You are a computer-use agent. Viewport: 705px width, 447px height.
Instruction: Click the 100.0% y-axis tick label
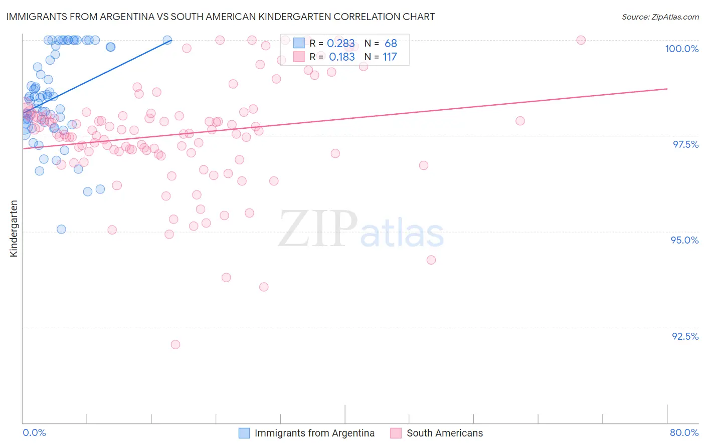tap(681, 49)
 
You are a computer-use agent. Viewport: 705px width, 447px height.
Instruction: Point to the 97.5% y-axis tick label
tap(685, 144)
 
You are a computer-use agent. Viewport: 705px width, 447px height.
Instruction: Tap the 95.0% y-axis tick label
tap(684, 240)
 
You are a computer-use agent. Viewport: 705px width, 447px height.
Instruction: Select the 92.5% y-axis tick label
tap(685, 336)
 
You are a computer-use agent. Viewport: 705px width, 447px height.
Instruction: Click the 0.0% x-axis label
tap(34, 432)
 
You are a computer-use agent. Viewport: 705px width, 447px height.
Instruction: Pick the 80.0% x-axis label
tap(684, 432)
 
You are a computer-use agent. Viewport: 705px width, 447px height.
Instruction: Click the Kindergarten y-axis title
tap(14, 229)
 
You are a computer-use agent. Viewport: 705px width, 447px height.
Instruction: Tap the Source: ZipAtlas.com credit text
tap(660, 17)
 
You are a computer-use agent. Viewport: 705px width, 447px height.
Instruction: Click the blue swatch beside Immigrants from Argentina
tap(244, 433)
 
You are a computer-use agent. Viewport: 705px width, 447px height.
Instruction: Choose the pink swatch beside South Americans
tap(396, 433)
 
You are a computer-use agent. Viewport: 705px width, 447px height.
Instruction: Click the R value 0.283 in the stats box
tap(340, 44)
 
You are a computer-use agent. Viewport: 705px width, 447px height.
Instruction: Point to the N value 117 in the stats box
tap(390, 57)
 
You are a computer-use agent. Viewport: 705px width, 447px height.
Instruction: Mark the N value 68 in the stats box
tap(391, 44)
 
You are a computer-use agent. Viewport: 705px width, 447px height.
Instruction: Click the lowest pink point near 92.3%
tap(175, 344)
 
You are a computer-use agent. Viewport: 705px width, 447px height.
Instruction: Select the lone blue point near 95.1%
tap(61, 229)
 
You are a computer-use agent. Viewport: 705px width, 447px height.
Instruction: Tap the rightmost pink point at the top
tap(581, 40)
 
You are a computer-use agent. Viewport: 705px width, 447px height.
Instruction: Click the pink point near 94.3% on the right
tap(431, 260)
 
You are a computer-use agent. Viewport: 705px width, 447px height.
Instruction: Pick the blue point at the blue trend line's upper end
tap(167, 40)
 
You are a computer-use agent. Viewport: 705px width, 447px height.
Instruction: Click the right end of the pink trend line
tap(667, 88)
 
